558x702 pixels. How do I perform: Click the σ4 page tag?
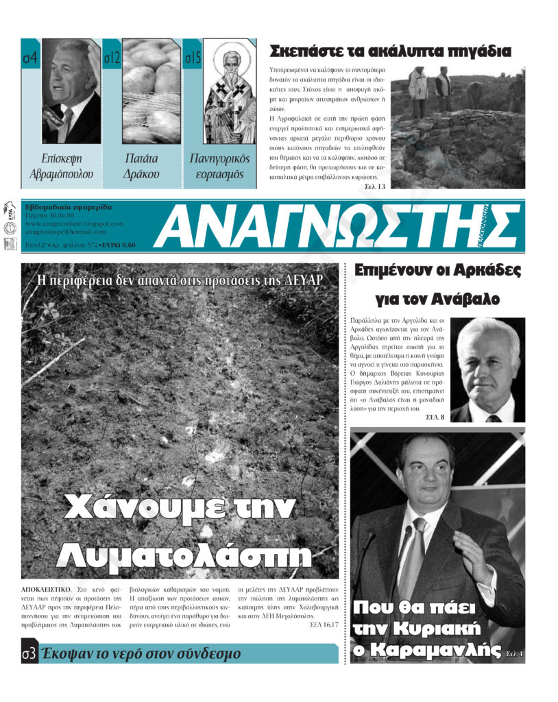tap(29, 59)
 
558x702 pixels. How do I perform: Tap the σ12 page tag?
tap(112, 59)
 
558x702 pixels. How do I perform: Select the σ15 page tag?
tap(193, 59)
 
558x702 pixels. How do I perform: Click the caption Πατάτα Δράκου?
tap(142, 166)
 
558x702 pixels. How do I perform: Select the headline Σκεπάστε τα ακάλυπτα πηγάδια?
tap(390, 51)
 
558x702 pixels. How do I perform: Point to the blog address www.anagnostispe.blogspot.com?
tap(74, 223)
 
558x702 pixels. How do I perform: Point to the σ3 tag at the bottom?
tap(28, 653)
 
